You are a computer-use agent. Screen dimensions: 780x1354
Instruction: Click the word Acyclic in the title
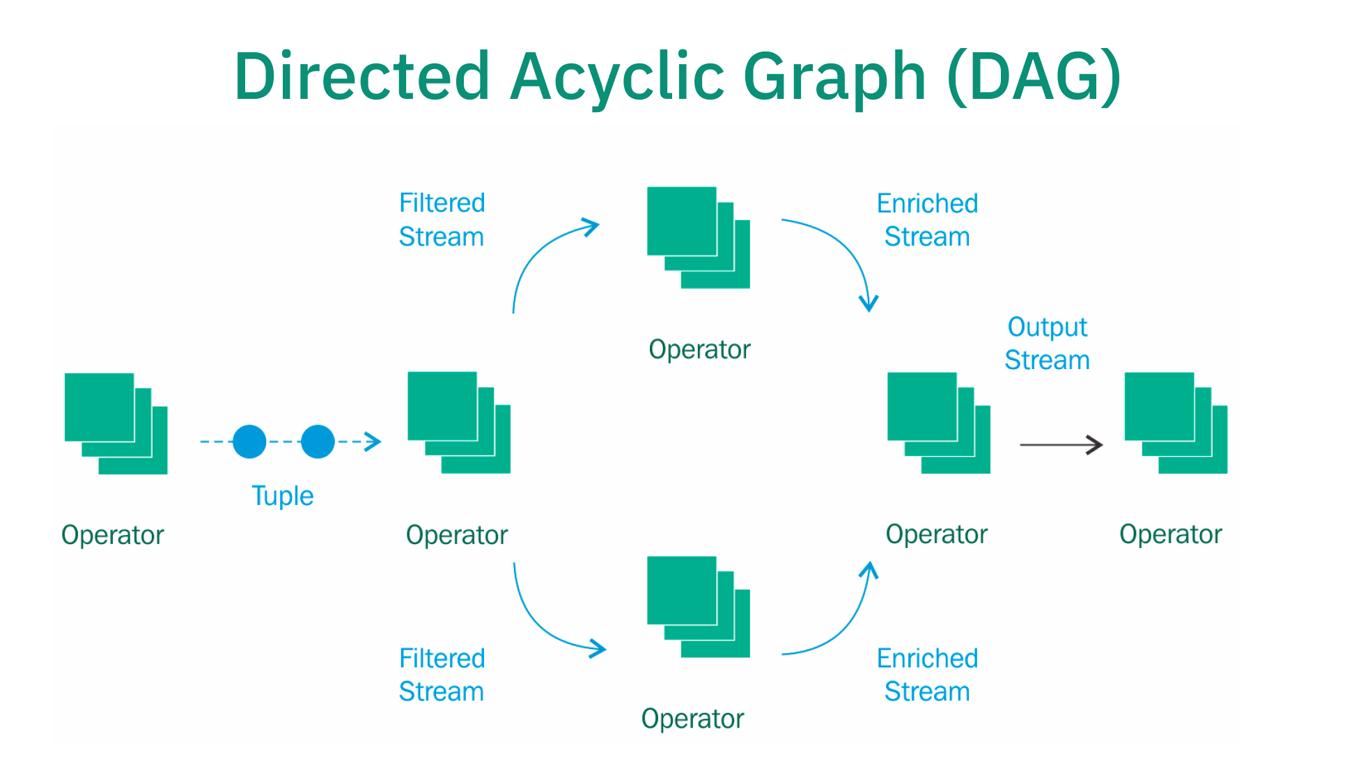(x=616, y=77)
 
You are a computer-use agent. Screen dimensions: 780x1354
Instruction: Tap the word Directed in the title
(x=362, y=77)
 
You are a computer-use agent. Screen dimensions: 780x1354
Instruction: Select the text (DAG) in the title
(x=1034, y=77)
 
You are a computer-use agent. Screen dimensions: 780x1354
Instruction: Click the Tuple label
(x=282, y=496)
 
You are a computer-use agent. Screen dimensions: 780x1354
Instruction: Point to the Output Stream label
(x=1047, y=343)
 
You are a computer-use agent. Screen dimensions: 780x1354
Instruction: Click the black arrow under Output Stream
(x=1061, y=444)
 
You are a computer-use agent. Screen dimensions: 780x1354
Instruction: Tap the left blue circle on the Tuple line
(x=249, y=442)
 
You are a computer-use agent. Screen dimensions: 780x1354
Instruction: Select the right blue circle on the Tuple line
(x=318, y=442)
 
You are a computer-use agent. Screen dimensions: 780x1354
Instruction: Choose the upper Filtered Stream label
(x=442, y=220)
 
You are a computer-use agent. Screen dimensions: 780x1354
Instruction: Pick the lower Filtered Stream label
(x=442, y=675)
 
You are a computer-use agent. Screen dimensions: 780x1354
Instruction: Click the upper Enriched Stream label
(x=927, y=220)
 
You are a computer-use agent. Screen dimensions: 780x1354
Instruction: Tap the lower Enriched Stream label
(x=927, y=675)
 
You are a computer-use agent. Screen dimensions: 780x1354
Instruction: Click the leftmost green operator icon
(x=116, y=423)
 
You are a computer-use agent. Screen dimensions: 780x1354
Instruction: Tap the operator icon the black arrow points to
(x=1176, y=423)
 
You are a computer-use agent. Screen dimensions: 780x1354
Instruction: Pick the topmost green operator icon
(x=698, y=237)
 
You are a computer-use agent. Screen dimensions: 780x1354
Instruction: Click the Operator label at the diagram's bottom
(x=692, y=719)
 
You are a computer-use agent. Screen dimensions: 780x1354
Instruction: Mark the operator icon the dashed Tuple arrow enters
(x=458, y=422)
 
